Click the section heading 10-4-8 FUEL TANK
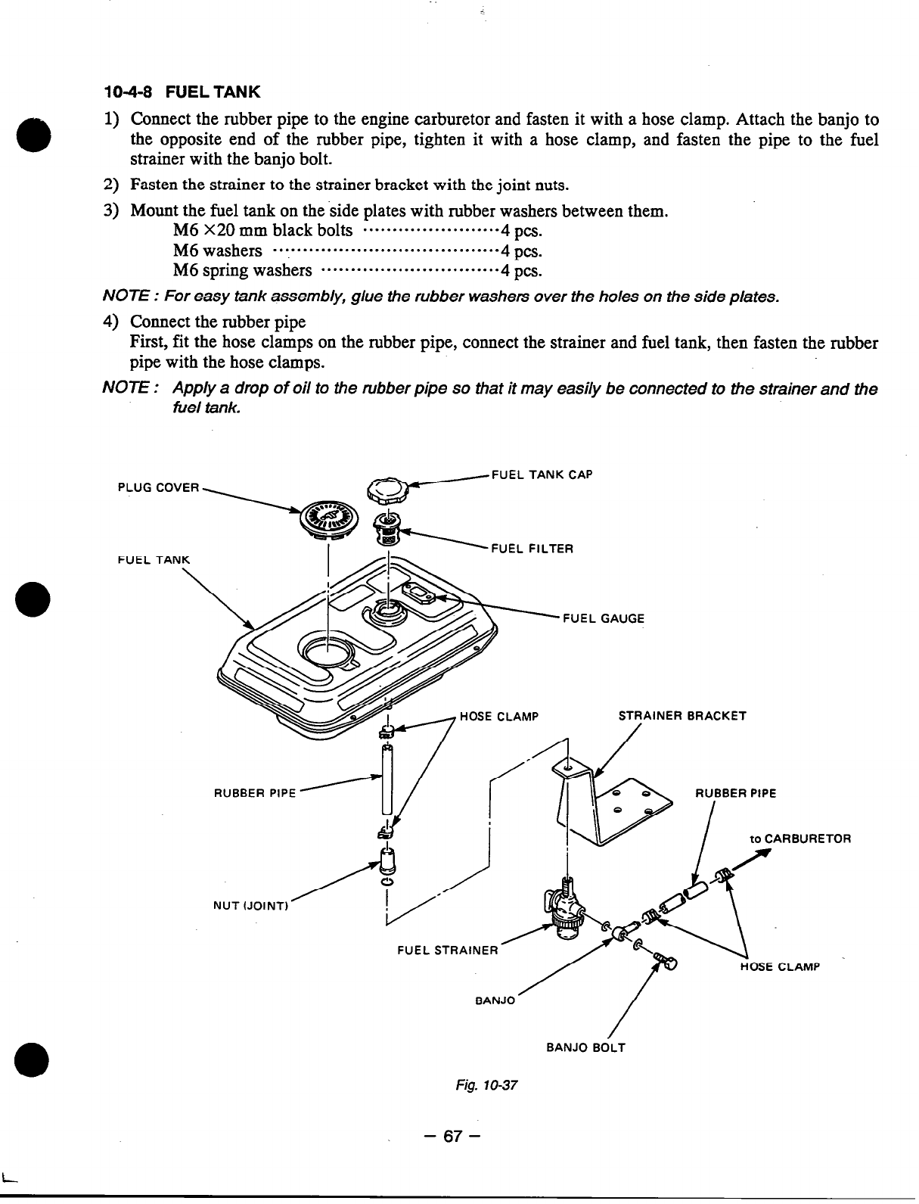pyautogui.click(x=182, y=92)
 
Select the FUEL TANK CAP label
pyautogui.click(x=542, y=475)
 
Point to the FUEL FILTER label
pyautogui.click(x=532, y=549)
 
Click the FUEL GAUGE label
pyautogui.click(x=604, y=618)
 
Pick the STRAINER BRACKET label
pyautogui.click(x=682, y=716)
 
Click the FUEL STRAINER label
pyautogui.click(x=447, y=950)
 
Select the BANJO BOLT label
pyautogui.click(x=585, y=1048)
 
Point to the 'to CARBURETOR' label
pyautogui.click(x=800, y=839)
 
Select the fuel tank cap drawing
pyautogui.click(x=387, y=491)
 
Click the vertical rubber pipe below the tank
pyautogui.click(x=387, y=779)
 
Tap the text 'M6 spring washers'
pyautogui.click(x=242, y=271)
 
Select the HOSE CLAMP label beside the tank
pyautogui.click(x=498, y=717)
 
